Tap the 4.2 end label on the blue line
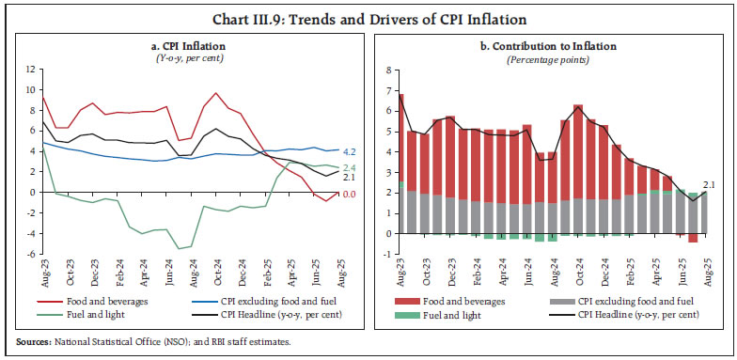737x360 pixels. (x=348, y=150)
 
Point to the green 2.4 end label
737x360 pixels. (x=348, y=167)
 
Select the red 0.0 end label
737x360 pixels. (x=348, y=193)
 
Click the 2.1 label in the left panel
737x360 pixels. (x=348, y=178)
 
